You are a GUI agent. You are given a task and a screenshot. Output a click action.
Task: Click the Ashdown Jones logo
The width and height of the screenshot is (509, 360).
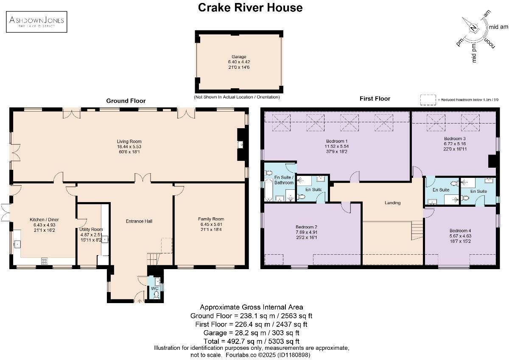tap(36, 22)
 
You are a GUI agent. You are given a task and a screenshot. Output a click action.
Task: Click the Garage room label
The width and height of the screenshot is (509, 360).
tap(239, 56)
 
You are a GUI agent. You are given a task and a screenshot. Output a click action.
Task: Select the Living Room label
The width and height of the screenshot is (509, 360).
tap(129, 141)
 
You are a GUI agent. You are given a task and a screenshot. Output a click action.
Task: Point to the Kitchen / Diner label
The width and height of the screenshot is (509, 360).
tap(44, 219)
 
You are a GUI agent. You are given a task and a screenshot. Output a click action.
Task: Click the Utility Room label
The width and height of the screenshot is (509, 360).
tap(91, 229)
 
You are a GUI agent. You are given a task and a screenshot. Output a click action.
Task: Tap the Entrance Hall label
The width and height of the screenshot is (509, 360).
tap(139, 221)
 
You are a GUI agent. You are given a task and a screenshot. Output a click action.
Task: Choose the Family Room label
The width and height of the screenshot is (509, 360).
tap(211, 219)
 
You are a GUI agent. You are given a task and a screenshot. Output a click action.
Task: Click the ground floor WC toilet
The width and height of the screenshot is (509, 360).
tap(156, 295)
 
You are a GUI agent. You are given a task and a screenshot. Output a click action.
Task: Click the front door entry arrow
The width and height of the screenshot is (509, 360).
tap(140, 301)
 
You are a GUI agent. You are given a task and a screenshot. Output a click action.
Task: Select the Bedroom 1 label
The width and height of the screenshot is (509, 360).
tap(337, 141)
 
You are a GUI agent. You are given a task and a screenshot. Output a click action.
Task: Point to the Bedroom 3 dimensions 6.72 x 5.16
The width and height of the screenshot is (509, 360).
tap(455, 144)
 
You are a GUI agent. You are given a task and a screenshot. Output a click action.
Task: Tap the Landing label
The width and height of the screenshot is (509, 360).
tap(392, 203)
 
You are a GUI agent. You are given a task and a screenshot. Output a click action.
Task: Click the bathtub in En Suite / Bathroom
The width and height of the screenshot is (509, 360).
tap(269, 190)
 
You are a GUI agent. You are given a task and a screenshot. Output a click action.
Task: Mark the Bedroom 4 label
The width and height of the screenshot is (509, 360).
tap(460, 231)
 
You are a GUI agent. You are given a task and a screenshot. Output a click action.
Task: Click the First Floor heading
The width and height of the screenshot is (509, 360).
tap(375, 98)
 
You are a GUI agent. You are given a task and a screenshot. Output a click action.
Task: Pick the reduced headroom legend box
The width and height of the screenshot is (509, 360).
tap(428, 100)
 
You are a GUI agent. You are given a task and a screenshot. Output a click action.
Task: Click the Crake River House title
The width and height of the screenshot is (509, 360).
tap(250, 8)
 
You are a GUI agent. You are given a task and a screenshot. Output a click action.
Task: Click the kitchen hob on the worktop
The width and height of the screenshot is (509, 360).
tap(45, 261)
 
